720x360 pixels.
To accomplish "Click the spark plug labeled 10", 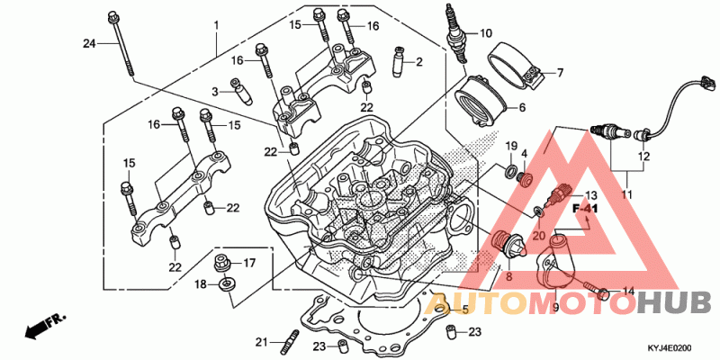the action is coord(457,33).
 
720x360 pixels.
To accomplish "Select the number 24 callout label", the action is coord(89,43).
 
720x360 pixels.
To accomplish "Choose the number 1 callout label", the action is coord(216,23).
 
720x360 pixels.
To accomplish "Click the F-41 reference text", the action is coord(584,209).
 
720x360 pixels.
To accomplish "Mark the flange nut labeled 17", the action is coord(222,264).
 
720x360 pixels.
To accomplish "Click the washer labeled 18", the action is coord(226,284).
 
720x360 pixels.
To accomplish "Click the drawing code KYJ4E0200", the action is coord(670,348).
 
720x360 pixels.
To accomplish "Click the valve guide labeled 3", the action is coord(242,92).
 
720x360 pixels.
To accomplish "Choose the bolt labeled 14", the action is coord(597,288).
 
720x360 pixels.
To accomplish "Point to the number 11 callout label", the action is coord(626,194).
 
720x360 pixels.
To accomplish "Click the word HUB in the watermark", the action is coord(679,303).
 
